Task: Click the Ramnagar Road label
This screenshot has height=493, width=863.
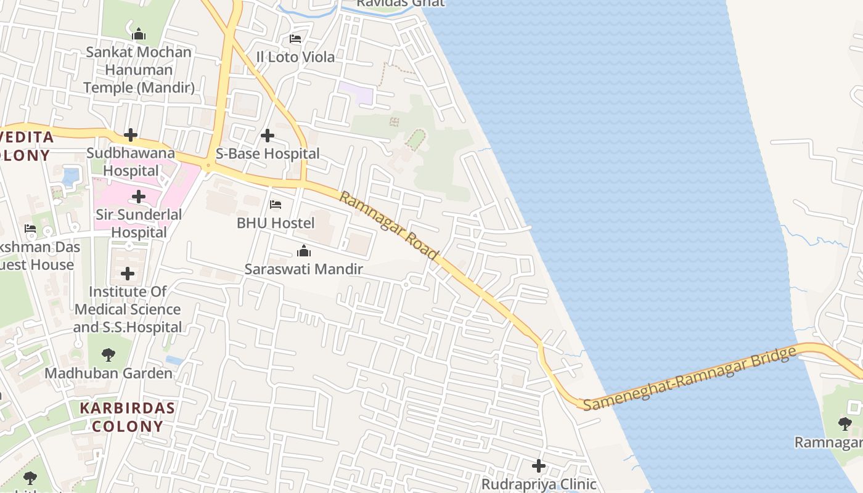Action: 389,226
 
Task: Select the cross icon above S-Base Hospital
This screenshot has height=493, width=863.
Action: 268,136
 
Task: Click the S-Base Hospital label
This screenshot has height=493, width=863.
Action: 268,153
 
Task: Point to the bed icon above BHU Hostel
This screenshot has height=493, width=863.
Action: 276,205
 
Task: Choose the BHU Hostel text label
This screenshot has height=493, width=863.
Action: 276,222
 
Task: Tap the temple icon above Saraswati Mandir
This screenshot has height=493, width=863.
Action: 303,251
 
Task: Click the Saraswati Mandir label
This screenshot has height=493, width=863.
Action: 303,269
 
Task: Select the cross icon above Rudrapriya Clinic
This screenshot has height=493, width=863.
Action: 539,466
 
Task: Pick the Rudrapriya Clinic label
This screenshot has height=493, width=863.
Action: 539,484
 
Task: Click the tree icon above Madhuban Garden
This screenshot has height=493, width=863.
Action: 108,355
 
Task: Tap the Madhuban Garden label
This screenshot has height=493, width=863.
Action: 108,373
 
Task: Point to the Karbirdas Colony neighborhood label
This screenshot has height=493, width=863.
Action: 128,417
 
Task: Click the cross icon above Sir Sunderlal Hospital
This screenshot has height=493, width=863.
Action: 139,197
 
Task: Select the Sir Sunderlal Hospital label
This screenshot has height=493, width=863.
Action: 139,223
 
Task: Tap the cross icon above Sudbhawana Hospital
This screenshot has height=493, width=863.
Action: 131,135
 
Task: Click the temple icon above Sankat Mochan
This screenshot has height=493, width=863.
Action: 139,33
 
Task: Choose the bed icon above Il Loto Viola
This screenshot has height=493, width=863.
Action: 295,39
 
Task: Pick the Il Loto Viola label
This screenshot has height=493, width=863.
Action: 295,57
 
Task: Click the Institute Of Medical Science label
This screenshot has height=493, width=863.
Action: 128,309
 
